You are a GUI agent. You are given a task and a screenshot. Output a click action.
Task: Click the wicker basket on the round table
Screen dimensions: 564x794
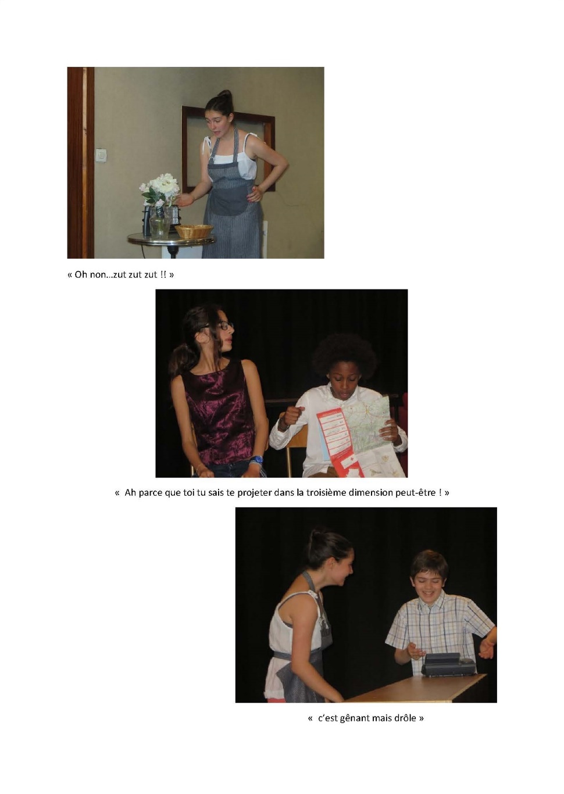(194, 231)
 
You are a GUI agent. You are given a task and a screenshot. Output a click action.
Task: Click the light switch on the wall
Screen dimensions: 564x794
(101, 155)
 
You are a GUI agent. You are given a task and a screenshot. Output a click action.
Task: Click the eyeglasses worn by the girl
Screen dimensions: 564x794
(219, 325)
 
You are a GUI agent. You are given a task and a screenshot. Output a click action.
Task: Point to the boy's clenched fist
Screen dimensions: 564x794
(294, 416)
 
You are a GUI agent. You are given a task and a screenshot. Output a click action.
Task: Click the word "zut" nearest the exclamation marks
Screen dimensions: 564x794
(151, 274)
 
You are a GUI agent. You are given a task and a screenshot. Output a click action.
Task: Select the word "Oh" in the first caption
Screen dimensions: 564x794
(80, 274)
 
